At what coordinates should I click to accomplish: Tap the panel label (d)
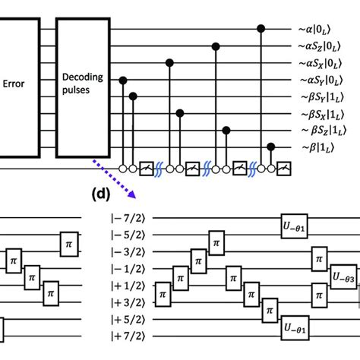point(100,194)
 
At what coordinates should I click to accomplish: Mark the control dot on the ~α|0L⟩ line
point(261,29)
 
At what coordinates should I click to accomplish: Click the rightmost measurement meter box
point(283,167)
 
